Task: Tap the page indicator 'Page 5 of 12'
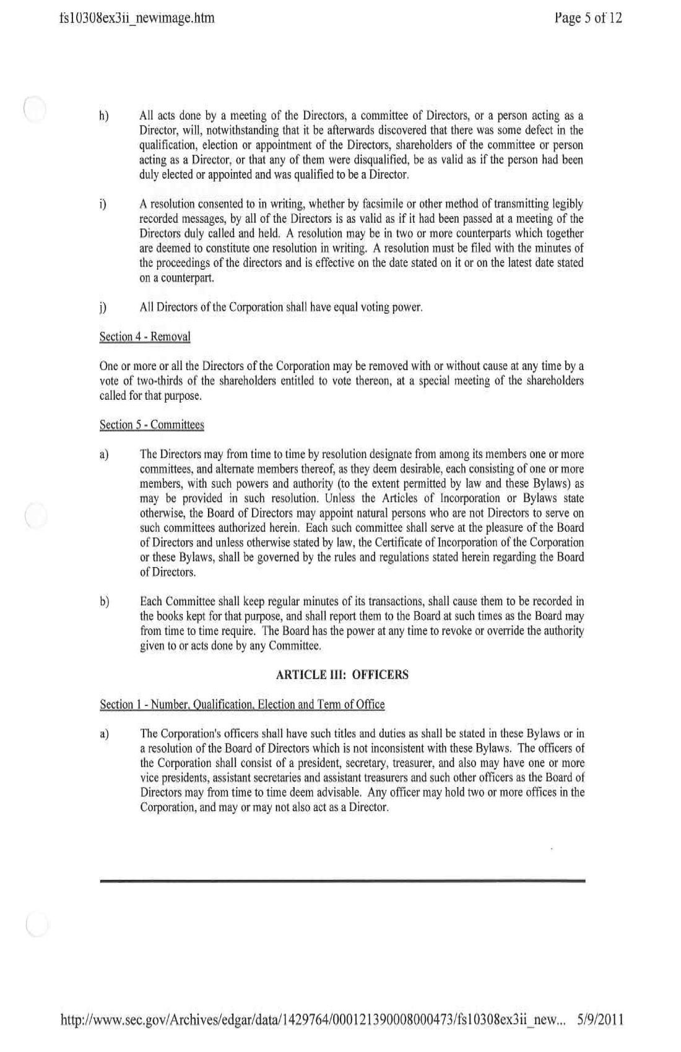point(588,18)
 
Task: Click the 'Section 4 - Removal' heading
point(145,337)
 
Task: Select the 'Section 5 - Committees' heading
point(152,425)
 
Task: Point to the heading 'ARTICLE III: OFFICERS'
point(342,675)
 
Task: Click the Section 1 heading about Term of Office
point(242,704)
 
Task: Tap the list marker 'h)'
point(104,116)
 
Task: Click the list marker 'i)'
point(103,204)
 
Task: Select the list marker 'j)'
point(103,308)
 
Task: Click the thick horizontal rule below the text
point(342,880)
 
